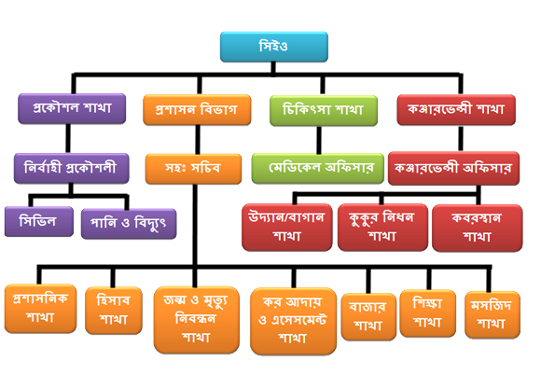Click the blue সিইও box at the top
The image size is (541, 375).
coord(274,47)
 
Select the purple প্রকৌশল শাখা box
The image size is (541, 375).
coord(72,108)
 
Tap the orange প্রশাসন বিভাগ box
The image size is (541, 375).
coord(197,110)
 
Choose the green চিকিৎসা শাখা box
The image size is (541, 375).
coord(324,111)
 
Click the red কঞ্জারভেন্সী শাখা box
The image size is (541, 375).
coord(456,110)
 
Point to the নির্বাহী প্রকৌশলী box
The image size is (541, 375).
coord(72,168)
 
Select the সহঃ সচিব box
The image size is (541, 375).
coord(193,169)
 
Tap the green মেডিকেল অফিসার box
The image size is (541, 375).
coord(318,168)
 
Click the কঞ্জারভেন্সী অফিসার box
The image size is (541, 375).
coord(453,168)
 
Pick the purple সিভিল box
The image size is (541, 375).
coord(39,221)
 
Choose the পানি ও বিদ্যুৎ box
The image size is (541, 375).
coord(129,224)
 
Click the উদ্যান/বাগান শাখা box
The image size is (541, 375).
coord(287,228)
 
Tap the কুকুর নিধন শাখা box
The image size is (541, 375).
coord(382,228)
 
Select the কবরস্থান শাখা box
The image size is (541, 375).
coord(478,228)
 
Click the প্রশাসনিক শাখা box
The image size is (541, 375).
coord(40,309)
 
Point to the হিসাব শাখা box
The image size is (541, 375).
coord(114,311)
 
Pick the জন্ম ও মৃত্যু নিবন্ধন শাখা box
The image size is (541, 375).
coord(196,320)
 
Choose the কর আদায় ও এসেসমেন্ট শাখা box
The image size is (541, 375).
coord(293,321)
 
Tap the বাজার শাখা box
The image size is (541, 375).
coord(368,316)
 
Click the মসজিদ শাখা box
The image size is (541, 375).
coord(492,314)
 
